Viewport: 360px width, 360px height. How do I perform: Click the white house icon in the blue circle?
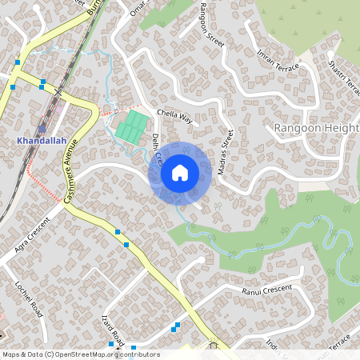coord(180,172)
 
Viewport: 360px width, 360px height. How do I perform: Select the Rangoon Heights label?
coord(316,128)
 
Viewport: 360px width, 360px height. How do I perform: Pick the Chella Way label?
coord(175,117)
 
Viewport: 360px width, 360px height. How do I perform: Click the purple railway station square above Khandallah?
coord(42,127)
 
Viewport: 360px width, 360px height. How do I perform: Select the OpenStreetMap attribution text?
coord(80,354)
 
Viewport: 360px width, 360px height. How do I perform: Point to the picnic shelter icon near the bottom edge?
coord(212,346)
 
